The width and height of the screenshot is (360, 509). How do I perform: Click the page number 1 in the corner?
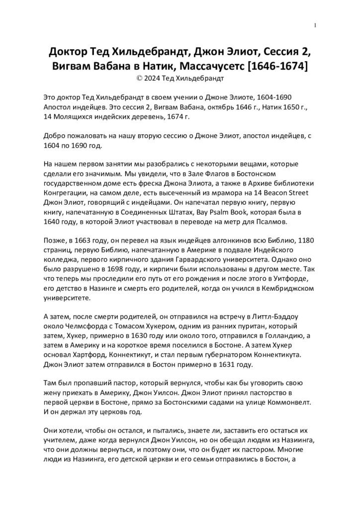click(x=315, y=25)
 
